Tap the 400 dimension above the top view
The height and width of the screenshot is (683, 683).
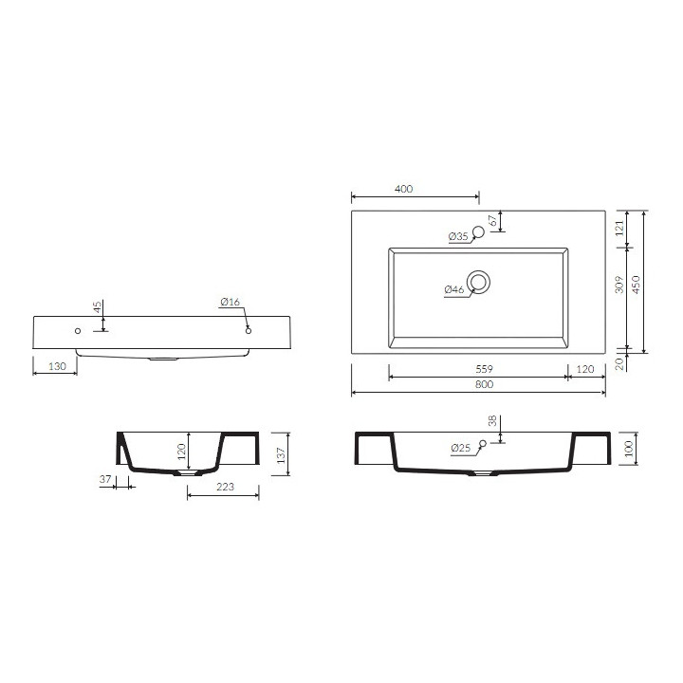point(403,189)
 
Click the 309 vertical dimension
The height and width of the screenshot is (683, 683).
point(618,284)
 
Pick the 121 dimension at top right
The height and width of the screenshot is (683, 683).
point(618,227)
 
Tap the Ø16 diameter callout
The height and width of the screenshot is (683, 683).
point(231,302)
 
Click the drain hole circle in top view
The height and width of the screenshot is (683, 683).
point(479,281)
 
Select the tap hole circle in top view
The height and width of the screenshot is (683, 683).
point(478,232)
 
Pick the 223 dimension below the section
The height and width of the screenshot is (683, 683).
point(223,486)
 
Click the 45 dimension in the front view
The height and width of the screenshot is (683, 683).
point(97,309)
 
